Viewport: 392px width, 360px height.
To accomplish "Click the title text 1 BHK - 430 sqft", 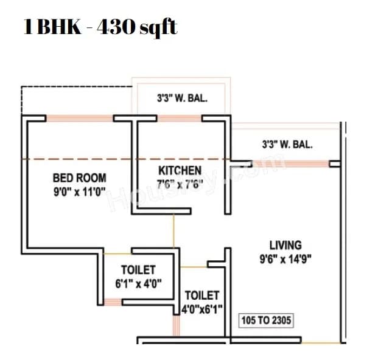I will coord(100,27).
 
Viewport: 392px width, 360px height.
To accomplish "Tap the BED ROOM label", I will coord(79,178).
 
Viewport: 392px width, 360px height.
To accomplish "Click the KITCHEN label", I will coord(180,170).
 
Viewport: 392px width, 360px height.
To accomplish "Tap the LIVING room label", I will coord(285,245).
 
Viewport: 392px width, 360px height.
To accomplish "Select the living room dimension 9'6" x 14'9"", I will coord(286,257).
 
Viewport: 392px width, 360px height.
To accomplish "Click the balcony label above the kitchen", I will coord(183,99).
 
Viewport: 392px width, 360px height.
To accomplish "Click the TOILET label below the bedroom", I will coord(138,269).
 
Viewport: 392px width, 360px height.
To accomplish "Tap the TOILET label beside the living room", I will coord(202,296).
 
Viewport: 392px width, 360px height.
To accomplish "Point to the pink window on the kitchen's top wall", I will coord(180,118).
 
